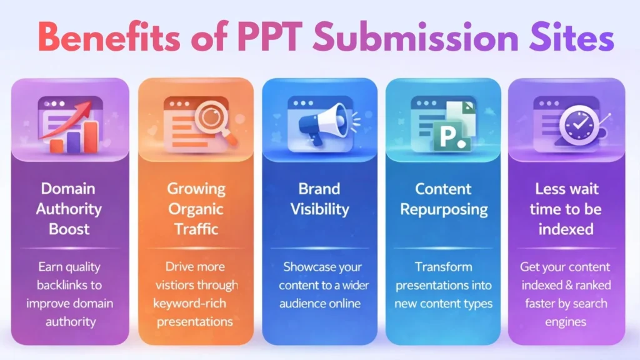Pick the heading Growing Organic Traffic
[196, 209]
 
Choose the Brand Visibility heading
[319, 199]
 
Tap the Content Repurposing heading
[443, 199]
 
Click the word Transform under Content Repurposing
[443, 267]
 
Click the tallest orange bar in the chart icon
[91, 136]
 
